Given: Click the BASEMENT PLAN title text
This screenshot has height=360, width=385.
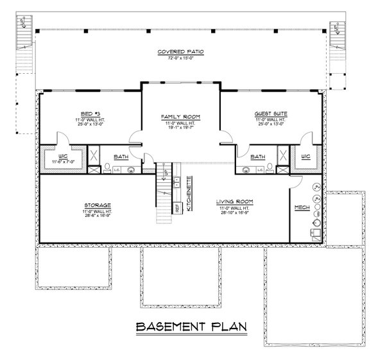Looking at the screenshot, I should tap(192, 328).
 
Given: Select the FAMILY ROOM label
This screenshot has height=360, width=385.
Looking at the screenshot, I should tap(180, 117).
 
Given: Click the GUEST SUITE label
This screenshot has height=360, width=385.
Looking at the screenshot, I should tap(271, 113).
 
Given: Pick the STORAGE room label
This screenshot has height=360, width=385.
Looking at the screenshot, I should tap(94, 205).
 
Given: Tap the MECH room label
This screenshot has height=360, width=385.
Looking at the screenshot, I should tap(301, 207).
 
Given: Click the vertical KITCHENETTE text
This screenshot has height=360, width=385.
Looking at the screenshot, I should tap(188, 193).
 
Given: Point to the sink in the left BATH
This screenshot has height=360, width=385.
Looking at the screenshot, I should tap(130, 170).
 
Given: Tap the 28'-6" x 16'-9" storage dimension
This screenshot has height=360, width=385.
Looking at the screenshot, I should tap(94, 216).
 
